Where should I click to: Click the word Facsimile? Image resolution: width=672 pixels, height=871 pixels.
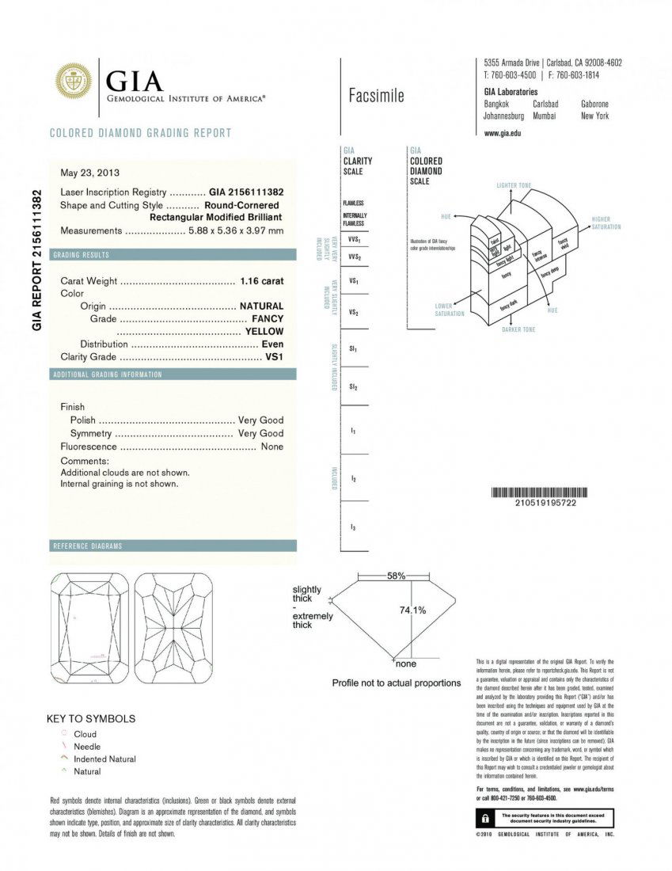(376, 96)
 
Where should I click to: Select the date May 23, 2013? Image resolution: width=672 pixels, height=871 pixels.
(90, 172)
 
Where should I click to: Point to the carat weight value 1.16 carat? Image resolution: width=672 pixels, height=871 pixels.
(261, 280)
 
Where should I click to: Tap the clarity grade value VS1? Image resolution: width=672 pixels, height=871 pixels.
(274, 356)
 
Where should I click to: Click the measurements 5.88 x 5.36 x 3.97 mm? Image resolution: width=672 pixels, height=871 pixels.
(235, 230)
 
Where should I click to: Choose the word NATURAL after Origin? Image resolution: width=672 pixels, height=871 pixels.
(261, 306)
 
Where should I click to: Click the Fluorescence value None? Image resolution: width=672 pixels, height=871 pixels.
(271, 447)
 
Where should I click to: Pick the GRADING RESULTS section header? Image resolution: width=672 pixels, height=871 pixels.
(81, 255)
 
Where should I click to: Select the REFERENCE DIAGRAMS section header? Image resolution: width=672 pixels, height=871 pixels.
(87, 546)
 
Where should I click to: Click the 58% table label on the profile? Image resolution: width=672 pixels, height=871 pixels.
(396, 576)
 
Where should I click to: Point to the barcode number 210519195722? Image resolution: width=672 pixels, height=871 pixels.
(545, 503)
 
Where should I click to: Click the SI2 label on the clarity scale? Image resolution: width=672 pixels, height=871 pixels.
(353, 386)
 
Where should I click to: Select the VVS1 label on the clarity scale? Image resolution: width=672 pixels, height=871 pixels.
(354, 238)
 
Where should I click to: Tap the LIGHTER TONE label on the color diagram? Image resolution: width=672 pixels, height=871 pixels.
(514, 185)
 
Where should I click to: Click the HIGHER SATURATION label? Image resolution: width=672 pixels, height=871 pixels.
(606, 223)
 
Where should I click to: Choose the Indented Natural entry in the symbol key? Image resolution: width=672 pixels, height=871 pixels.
(104, 759)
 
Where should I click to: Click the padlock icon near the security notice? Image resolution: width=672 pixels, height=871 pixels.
(481, 817)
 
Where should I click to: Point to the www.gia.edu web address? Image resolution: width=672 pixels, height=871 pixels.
(502, 133)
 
